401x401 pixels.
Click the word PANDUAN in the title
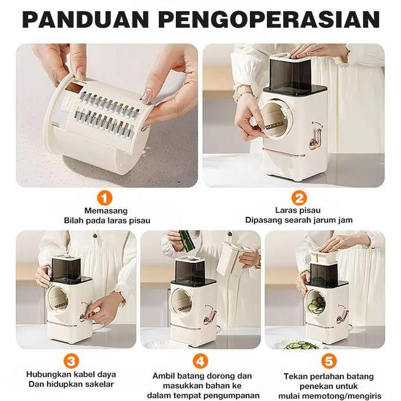[85, 19]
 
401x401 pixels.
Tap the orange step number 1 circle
[104, 198]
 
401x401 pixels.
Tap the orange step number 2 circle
[299, 198]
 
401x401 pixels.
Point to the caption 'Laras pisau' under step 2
[298, 210]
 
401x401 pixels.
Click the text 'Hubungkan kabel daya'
[71, 375]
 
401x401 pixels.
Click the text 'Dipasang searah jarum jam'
[299, 220]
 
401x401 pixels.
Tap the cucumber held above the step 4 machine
[187, 240]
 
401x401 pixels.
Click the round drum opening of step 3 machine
[58, 299]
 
